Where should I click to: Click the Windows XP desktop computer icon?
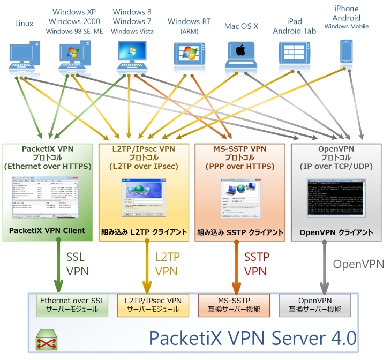click(x=73, y=56)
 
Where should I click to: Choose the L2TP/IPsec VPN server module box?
click(x=152, y=305)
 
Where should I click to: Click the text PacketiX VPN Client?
click(x=47, y=231)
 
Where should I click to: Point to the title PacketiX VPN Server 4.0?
click(x=252, y=338)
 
